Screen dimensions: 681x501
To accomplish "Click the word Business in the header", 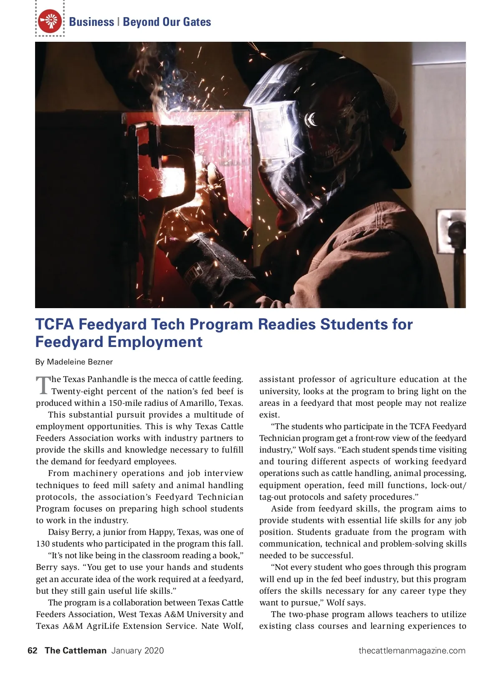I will click(91, 22).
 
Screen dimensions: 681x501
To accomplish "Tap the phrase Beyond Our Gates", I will click(167, 22).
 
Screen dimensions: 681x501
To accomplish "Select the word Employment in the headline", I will click(155, 342).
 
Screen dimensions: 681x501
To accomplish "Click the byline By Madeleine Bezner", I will click(74, 362).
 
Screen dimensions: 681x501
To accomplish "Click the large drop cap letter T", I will click(43, 385).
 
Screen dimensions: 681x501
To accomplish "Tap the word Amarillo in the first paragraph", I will click(195, 403).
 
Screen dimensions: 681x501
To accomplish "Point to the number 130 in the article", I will click(43, 544).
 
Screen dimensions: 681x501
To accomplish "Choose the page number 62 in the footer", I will click(32, 651).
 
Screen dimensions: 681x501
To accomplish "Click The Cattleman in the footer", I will click(76, 651).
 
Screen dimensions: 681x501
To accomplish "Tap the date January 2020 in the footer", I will click(137, 651).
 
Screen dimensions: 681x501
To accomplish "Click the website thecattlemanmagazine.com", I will click(412, 651).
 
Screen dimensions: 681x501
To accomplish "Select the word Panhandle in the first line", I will click(108, 380).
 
